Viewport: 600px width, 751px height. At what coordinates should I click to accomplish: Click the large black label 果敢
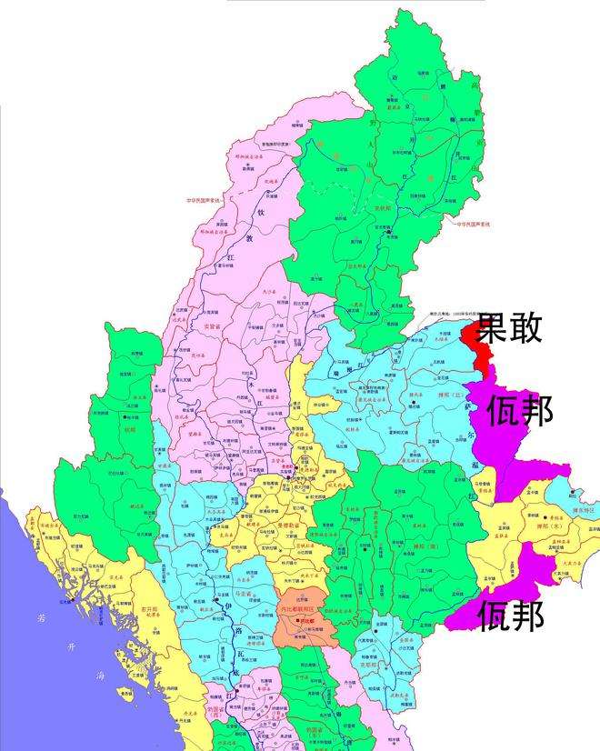pyautogui.click(x=511, y=326)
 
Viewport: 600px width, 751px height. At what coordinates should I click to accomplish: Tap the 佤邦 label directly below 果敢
pyautogui.click(x=520, y=411)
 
